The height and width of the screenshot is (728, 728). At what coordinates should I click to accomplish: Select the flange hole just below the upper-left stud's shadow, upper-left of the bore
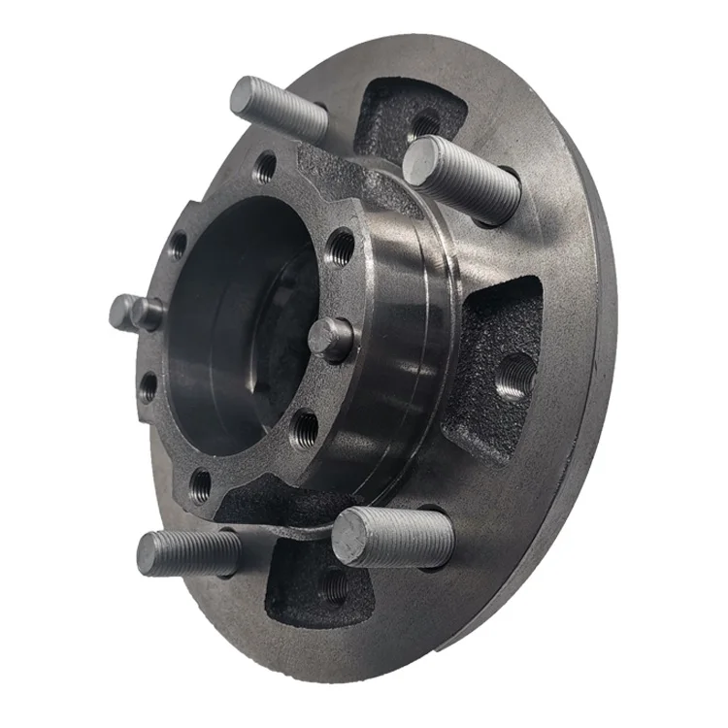click(x=178, y=246)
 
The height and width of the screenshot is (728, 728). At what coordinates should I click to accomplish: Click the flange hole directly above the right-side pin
click(x=341, y=248)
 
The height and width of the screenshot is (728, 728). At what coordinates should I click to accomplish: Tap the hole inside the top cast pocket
click(x=425, y=123)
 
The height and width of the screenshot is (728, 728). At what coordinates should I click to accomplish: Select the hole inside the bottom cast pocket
click(x=334, y=585)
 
